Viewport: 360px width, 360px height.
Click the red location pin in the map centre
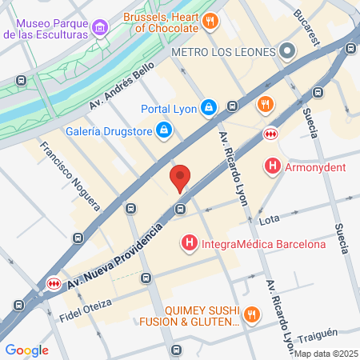pos(180,178)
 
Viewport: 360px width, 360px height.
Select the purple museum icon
pos(100,29)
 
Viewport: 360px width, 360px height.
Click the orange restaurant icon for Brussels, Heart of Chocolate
pos(210,21)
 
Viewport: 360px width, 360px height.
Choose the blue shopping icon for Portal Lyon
pos(208,106)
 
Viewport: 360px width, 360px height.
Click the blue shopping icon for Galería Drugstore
pos(163,129)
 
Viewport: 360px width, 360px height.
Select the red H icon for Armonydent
pos(273,167)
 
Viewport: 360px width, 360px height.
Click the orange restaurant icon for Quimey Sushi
pos(252,314)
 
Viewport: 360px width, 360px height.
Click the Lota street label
pos(270,218)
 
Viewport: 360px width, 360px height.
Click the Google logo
pos(26,350)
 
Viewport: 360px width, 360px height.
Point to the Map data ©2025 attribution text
pos(324,354)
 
